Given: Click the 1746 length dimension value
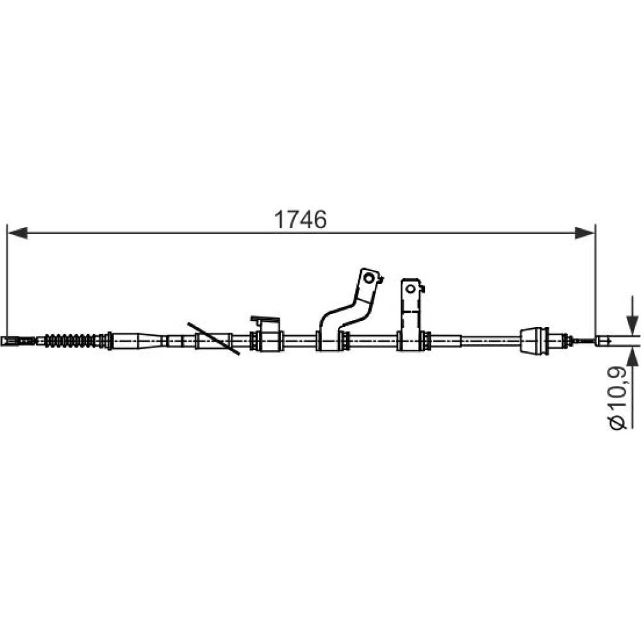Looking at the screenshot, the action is pos(301,220).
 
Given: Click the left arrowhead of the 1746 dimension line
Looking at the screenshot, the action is pos(18,233).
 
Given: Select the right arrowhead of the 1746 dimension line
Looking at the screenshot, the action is pos(585,233).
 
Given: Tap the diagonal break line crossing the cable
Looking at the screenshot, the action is pos(213,339).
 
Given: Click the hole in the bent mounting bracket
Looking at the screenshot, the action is pos(369,278).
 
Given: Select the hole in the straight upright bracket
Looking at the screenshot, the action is pos(410,288).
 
